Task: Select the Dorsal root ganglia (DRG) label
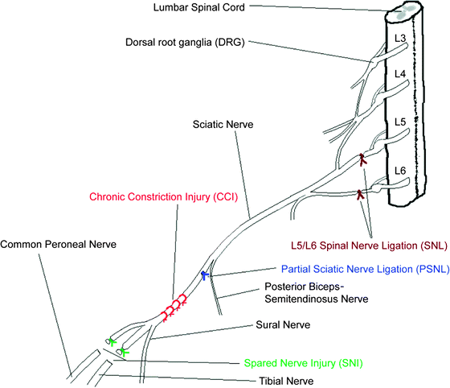[x=185, y=41]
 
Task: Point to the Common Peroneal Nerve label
[x=51, y=242]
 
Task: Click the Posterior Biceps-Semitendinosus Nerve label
[x=316, y=292]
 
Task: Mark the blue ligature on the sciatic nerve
[x=206, y=275]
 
